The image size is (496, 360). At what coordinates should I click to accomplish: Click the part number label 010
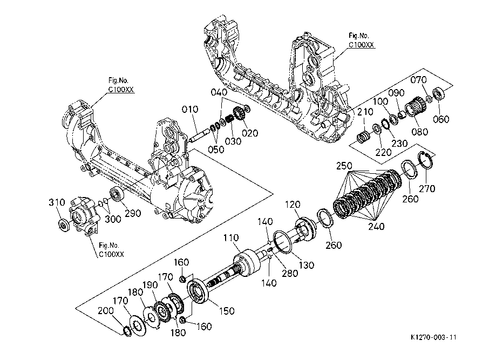190,110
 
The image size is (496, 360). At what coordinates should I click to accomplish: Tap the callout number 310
57,202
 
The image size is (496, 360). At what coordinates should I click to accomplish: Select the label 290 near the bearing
133,213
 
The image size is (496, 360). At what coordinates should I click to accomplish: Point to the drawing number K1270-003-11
434,337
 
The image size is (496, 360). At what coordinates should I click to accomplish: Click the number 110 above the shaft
231,237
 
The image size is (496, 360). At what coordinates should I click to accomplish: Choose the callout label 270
427,189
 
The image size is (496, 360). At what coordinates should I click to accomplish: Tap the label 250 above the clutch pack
344,166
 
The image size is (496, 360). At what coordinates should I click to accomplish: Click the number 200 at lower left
106,311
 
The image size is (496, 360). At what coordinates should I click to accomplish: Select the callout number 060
441,119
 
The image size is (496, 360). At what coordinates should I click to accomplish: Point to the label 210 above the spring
365,112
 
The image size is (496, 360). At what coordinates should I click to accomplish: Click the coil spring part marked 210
363,138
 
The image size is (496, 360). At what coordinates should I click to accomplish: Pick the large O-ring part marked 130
283,242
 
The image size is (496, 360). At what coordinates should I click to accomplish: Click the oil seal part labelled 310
64,225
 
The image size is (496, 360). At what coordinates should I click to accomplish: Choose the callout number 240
376,227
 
